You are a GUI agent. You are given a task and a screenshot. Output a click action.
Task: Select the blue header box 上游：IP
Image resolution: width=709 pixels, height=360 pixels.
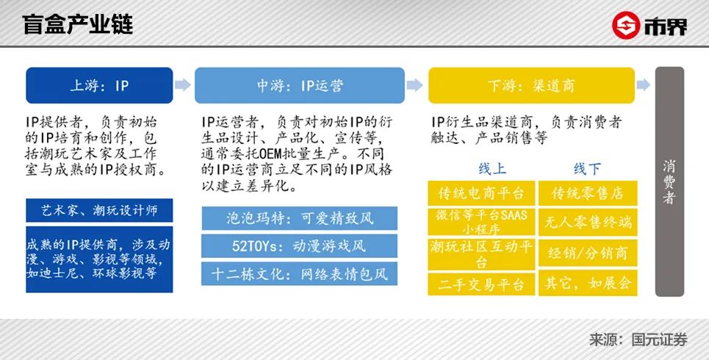click(99, 85)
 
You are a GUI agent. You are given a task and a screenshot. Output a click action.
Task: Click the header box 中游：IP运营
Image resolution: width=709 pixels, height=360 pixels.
click(300, 85)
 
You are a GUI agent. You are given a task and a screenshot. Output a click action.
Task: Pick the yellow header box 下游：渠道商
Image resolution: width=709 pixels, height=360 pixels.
click(532, 85)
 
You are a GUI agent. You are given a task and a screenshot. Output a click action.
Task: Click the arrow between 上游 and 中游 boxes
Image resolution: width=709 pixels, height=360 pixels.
click(184, 85)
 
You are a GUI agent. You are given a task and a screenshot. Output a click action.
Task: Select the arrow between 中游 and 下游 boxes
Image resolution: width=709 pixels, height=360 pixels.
click(417, 85)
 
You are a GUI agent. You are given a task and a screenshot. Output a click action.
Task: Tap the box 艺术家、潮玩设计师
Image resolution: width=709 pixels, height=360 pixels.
click(99, 211)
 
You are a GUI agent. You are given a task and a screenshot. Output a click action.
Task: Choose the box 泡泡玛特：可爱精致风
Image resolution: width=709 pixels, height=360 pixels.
click(300, 218)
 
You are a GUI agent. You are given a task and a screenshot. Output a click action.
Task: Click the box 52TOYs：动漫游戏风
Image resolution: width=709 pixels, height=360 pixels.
click(300, 246)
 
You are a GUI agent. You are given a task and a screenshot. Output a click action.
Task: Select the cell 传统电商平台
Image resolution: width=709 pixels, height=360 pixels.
click(481, 194)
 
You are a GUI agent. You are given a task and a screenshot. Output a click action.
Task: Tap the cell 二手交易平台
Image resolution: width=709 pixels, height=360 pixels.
click(481, 284)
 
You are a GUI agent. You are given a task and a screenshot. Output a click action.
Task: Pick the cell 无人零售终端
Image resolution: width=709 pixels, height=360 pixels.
click(588, 221)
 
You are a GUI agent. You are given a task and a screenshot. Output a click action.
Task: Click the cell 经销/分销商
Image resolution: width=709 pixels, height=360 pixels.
click(588, 253)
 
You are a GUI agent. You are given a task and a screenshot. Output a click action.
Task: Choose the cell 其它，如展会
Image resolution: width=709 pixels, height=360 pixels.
click(588, 284)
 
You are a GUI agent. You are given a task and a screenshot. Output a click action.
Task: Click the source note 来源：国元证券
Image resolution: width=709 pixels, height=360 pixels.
click(638, 340)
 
